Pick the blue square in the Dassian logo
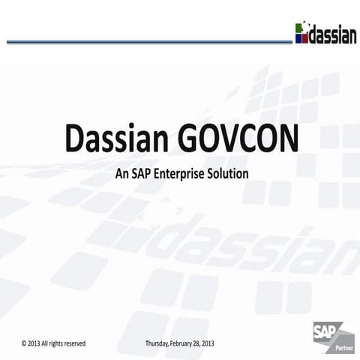tap(299, 38)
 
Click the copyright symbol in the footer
tap(25, 343)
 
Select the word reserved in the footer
tap(73, 343)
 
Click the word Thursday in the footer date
tap(158, 343)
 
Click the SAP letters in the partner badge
tap(325, 330)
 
